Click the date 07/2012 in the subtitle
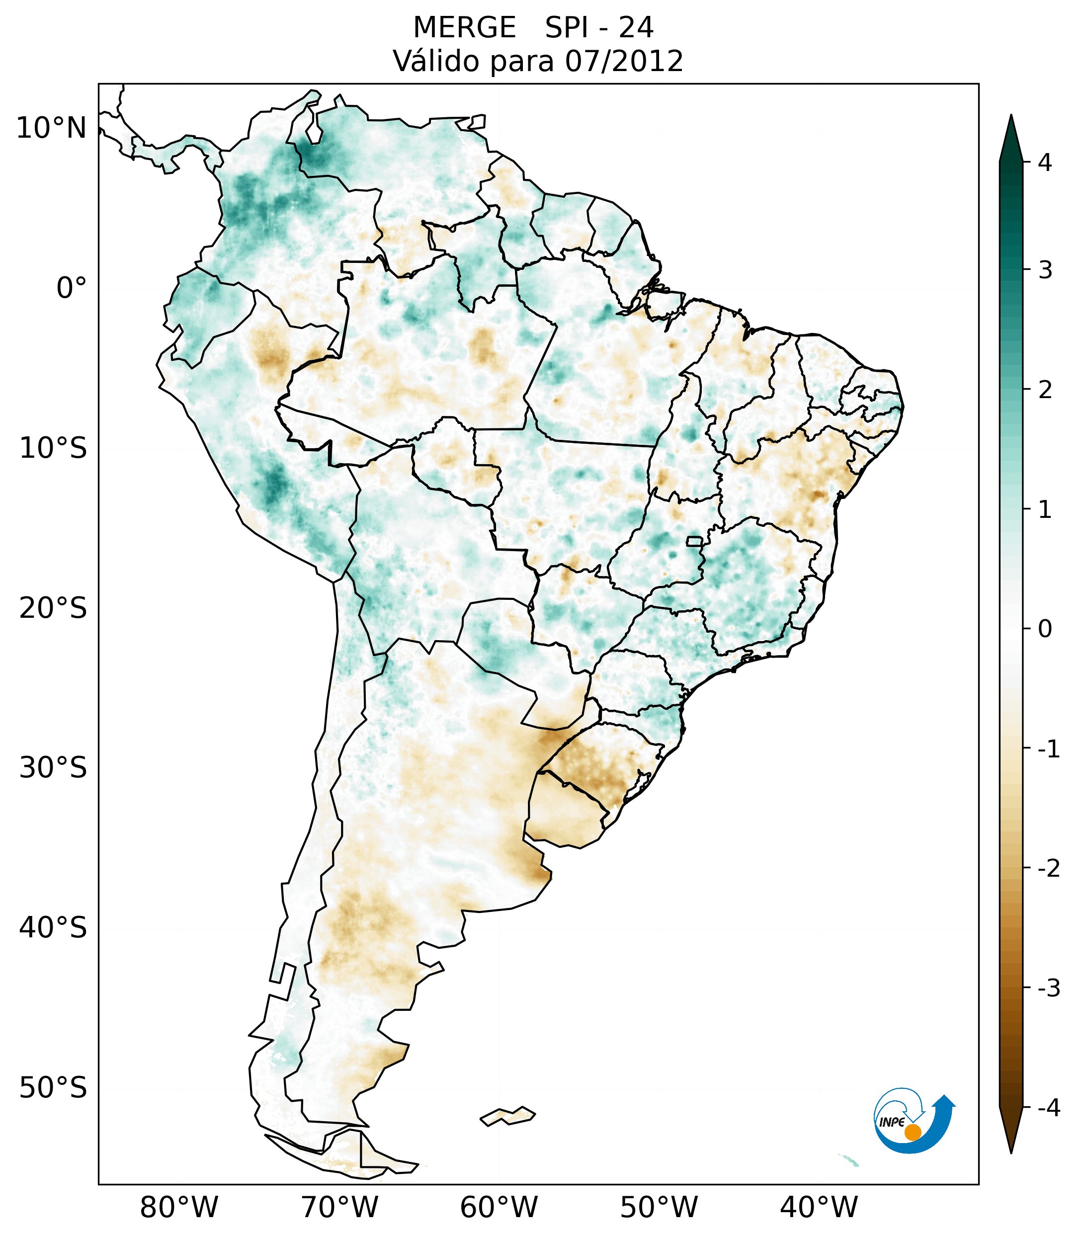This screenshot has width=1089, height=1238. pyautogui.click(x=624, y=61)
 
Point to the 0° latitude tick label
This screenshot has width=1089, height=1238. pyautogui.click(x=71, y=288)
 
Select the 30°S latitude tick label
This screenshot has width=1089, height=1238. pyautogui.click(x=53, y=768)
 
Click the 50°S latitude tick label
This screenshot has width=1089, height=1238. pyautogui.click(x=53, y=1088)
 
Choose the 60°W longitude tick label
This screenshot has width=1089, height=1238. pyautogui.click(x=499, y=1207)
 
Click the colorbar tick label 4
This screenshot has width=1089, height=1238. pyautogui.click(x=1045, y=163)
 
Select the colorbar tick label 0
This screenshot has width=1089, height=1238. pyautogui.click(x=1045, y=629)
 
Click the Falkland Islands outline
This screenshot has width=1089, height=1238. pyautogui.click(x=507, y=1116)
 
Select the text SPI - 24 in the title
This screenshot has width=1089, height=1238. pyautogui.click(x=599, y=28)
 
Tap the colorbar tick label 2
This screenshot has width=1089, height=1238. pyautogui.click(x=1045, y=390)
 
